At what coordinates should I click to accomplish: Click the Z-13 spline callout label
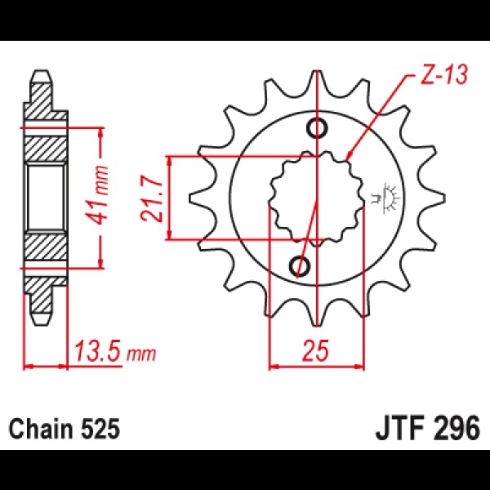coord(443,74)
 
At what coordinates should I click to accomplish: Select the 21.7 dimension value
coord(151,200)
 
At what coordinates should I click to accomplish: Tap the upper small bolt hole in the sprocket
coord(318,127)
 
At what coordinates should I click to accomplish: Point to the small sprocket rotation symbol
coord(385,198)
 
